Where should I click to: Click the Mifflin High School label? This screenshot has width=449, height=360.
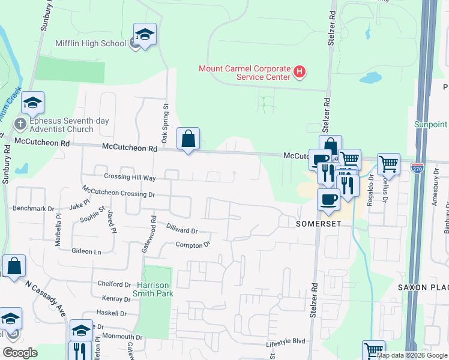[x=91, y=43]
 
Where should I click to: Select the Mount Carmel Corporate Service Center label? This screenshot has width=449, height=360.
[x=245, y=73]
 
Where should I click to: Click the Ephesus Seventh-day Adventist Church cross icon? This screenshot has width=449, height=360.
[x=20, y=124]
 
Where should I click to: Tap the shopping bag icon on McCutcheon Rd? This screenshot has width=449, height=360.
[x=188, y=139]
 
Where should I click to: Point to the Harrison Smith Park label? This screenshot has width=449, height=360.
[x=155, y=289]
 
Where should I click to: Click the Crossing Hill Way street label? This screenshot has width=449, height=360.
[x=130, y=178]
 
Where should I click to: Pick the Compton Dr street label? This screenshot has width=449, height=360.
[x=193, y=244]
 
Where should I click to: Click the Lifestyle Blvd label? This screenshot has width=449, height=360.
[x=286, y=341]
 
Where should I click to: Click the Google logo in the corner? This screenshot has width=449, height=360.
[x=20, y=353]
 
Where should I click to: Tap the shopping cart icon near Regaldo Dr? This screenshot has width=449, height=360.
[x=388, y=163]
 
